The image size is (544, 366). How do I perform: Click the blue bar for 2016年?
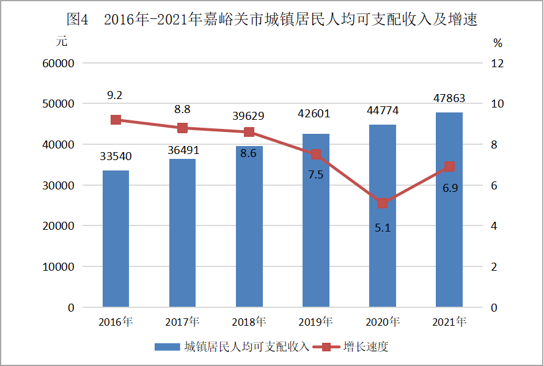116,238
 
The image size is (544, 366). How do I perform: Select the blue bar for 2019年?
315,232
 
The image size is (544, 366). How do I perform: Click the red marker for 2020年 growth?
382,203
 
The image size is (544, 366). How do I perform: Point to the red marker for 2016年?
116,120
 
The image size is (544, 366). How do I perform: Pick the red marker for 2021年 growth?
449,167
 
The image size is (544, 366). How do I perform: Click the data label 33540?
116,156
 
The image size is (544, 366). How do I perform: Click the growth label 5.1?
382,228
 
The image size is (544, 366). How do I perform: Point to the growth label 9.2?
115,95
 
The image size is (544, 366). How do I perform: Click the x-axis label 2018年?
249,321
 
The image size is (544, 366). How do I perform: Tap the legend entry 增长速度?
366,347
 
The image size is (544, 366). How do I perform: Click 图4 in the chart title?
78,20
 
